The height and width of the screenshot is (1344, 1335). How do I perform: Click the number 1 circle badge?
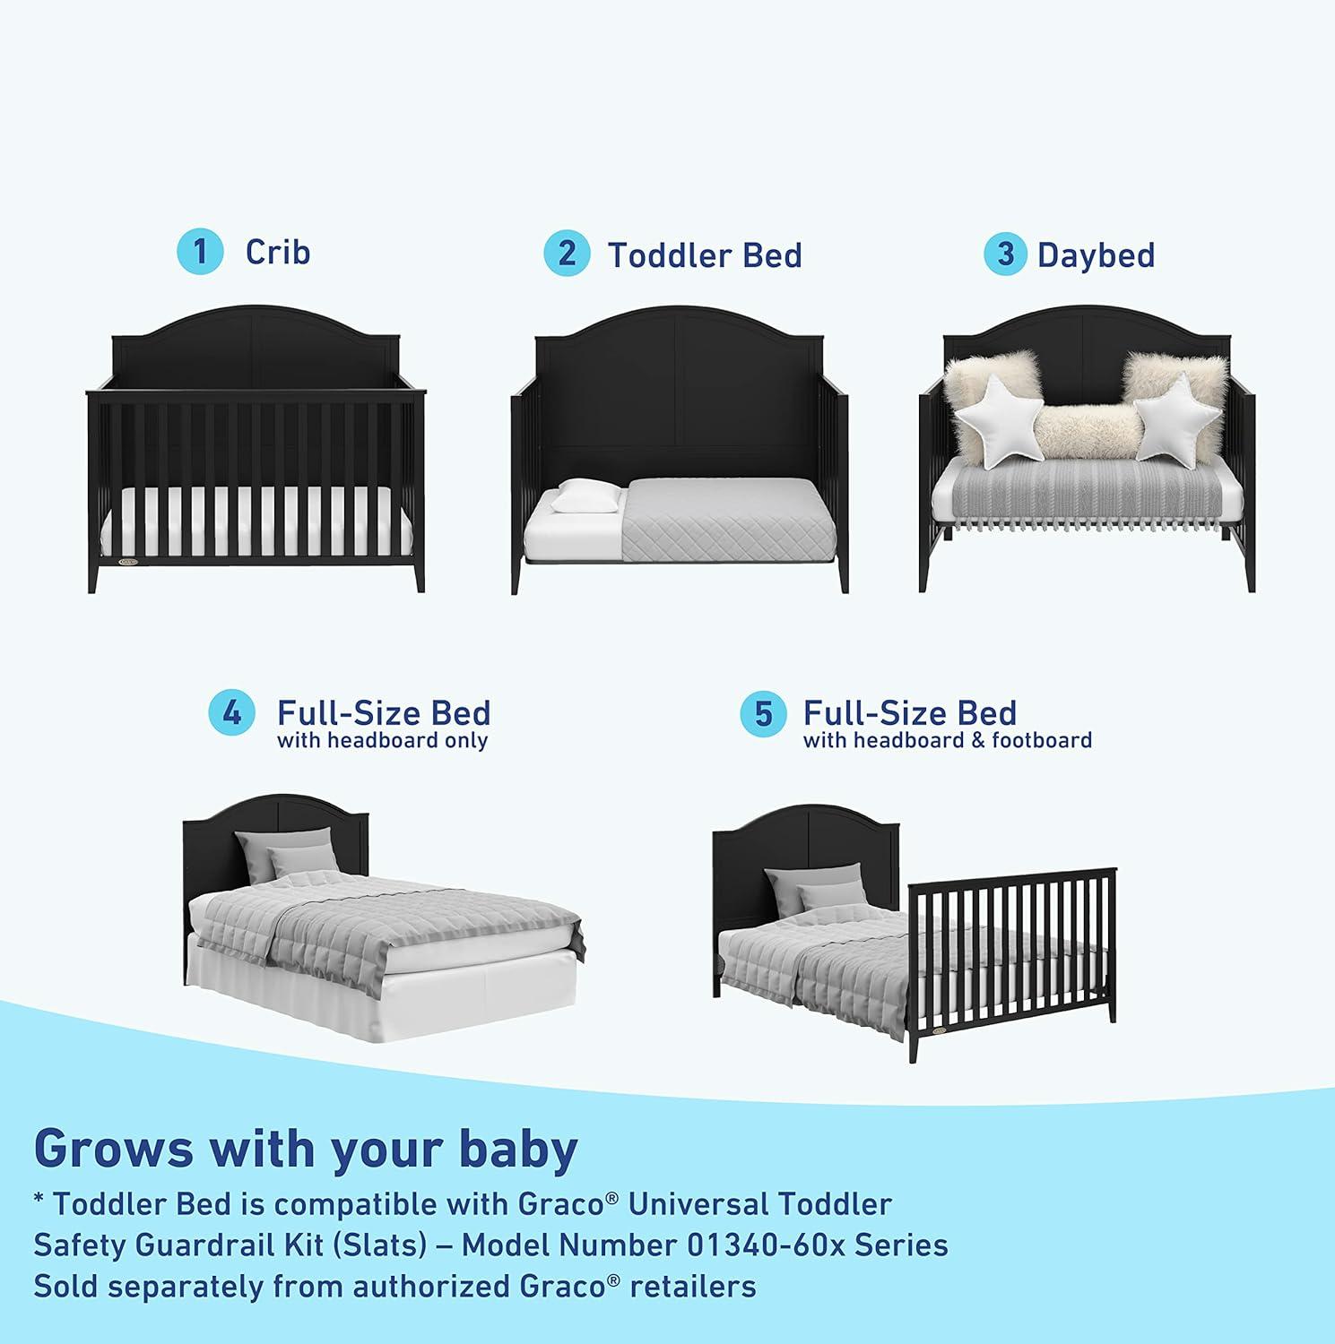point(200,252)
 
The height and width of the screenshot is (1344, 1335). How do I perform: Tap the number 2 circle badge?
point(567,254)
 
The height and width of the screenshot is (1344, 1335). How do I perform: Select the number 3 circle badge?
point(1006,254)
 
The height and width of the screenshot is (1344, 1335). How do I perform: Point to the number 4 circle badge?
point(231,714)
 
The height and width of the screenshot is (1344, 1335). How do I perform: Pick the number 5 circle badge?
point(762,714)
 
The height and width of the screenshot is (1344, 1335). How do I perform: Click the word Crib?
point(278,252)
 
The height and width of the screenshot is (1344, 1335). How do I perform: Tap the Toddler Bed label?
point(705,255)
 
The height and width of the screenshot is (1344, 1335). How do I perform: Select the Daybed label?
point(1096,255)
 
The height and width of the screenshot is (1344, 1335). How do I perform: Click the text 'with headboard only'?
point(383,741)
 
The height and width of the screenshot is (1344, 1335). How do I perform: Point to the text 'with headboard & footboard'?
point(948,741)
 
